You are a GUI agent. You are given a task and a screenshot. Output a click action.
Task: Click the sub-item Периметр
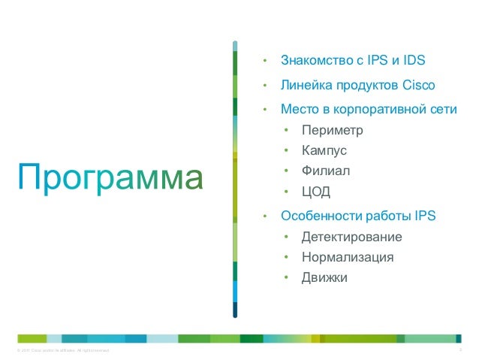point(332,131)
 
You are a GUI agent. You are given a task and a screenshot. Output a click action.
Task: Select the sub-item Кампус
point(324,151)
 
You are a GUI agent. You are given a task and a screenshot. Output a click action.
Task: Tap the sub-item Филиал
point(326,171)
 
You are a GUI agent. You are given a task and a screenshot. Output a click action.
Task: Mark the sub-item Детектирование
point(351,237)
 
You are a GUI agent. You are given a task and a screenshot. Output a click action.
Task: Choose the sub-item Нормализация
point(348,257)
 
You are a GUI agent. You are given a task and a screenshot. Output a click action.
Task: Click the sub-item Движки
point(324,277)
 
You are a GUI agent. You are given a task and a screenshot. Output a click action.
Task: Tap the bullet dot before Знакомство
point(264,61)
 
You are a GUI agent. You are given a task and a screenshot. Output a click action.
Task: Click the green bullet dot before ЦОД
point(285,192)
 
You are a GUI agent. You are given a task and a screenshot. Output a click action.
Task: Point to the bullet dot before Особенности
point(264,216)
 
